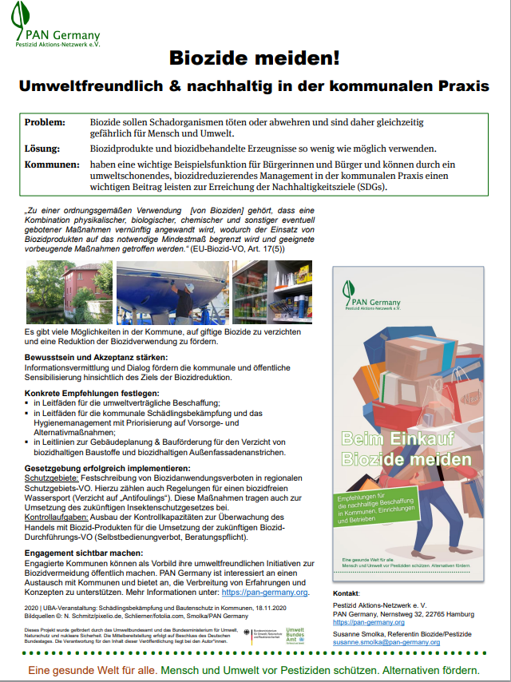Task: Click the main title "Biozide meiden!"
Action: (x=255, y=57)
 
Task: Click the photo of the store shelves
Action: (x=266, y=291)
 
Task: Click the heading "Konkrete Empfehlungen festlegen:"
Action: (x=92, y=394)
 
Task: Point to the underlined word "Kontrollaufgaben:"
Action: (x=60, y=516)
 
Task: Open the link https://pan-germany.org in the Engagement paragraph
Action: (x=264, y=593)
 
